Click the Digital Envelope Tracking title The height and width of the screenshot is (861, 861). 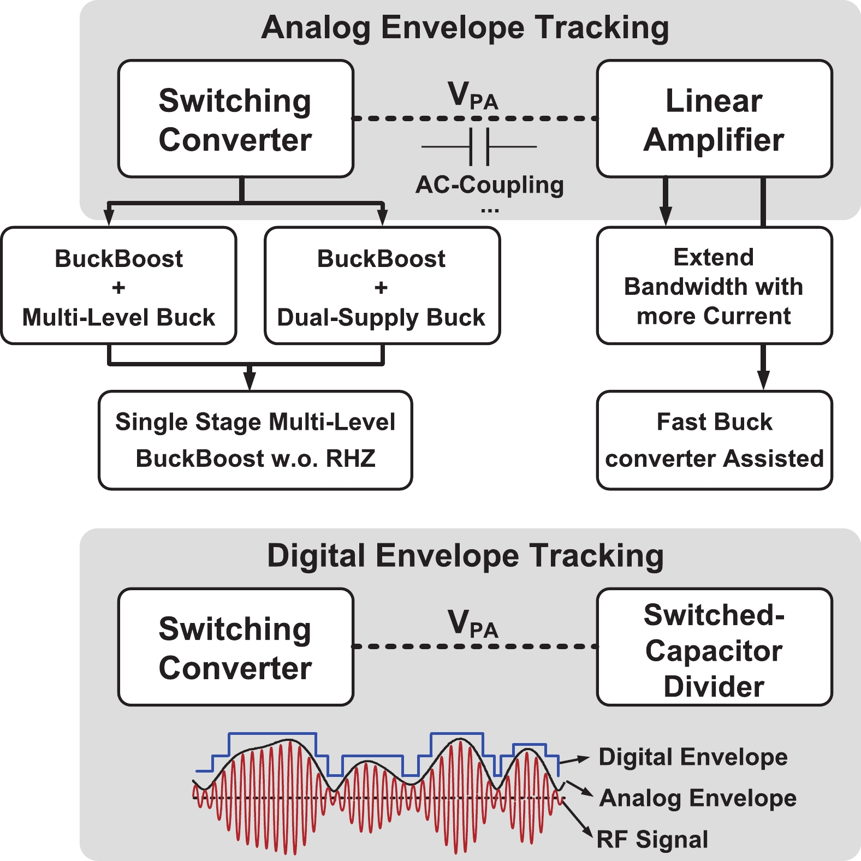[465, 556]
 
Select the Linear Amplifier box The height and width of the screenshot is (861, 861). [714, 119]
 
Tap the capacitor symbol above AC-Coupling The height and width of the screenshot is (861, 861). [479, 146]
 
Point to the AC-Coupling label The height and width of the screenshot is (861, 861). [490, 185]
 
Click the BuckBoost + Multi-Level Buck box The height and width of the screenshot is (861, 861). [118, 286]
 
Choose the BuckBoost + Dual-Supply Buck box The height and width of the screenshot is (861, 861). [382, 286]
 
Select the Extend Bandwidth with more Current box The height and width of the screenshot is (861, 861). [714, 286]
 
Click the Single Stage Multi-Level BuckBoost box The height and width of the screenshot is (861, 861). [255, 440]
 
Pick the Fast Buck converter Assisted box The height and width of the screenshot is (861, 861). [714, 440]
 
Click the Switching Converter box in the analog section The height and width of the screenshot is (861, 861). [235, 119]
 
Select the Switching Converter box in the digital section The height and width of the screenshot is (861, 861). [235, 647]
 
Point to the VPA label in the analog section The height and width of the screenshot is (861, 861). [473, 96]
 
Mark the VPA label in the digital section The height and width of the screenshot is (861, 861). [473, 624]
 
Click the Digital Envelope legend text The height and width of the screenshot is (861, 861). [693, 757]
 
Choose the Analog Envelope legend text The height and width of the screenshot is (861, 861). [698, 798]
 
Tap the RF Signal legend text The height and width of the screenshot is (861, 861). [652, 839]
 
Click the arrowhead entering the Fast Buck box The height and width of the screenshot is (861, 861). [763, 381]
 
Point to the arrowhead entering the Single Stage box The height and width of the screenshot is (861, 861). [250, 381]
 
